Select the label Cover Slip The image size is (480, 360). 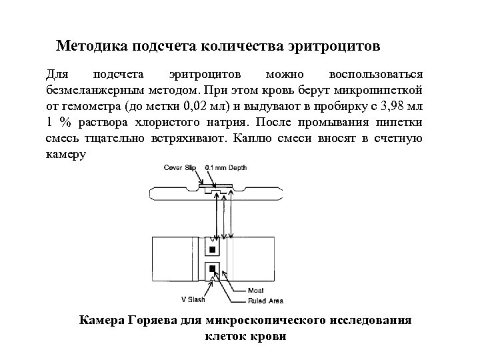click(x=179, y=167)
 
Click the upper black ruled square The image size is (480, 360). click(x=213, y=250)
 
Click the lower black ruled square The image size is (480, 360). click(x=213, y=269)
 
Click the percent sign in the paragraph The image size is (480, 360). click(x=65, y=122)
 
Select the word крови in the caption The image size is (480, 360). click(x=269, y=335)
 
